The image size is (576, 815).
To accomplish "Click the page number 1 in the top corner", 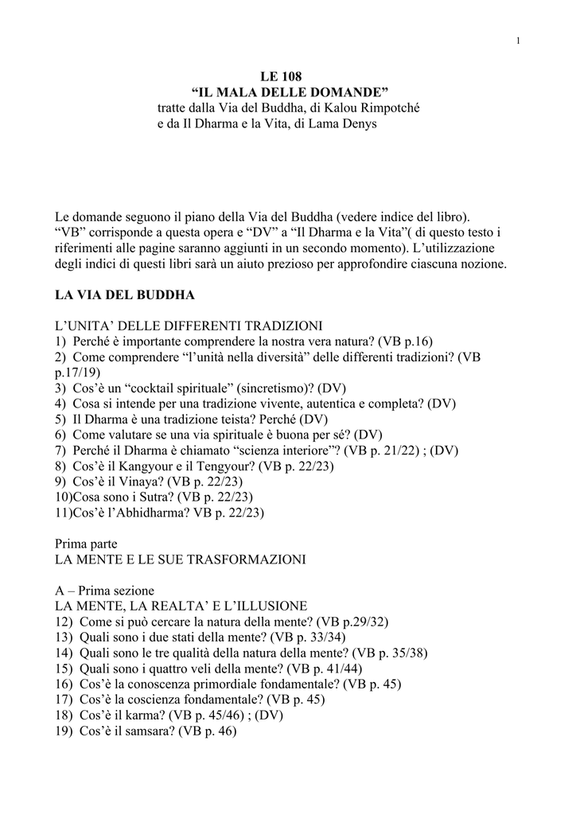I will pyautogui.click(x=518, y=41).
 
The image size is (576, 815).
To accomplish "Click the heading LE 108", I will pyautogui.click(x=288, y=77).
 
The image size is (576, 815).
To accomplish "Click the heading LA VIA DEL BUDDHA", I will pyautogui.click(x=125, y=294).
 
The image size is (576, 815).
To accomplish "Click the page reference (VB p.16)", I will pyautogui.click(x=405, y=341).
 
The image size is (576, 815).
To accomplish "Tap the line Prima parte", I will pyautogui.click(x=86, y=544).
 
